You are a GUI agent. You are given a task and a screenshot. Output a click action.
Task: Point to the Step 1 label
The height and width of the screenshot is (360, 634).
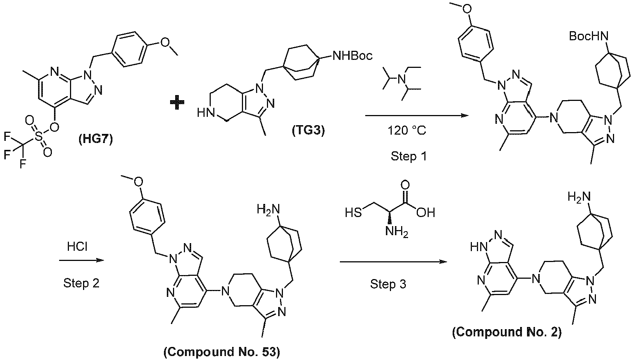coord(409,156)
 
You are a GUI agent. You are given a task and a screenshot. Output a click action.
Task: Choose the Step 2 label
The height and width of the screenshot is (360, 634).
coord(81,283)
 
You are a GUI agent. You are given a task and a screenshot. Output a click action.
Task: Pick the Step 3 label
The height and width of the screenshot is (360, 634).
coord(388,284)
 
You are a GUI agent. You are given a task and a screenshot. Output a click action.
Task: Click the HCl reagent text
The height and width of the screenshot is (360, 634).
coord(77,247)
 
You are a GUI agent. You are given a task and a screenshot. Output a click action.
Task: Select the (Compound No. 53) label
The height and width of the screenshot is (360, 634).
coord(222,351)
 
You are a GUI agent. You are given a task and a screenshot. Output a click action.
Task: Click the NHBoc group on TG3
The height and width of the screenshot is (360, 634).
coord(351,56)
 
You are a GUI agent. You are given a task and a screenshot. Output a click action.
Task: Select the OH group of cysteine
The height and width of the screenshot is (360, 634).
coord(426,212)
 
